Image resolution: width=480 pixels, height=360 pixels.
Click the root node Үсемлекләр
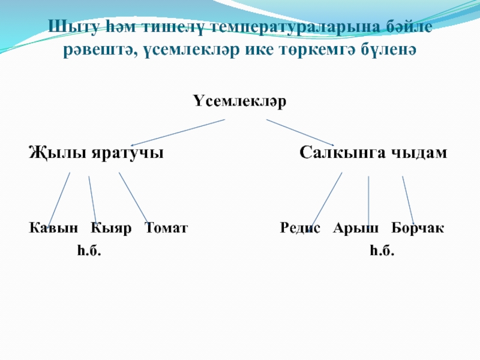(x=240, y=101)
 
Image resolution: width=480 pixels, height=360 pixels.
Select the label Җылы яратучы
(x=97, y=152)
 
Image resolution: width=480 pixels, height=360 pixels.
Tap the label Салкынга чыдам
(x=373, y=152)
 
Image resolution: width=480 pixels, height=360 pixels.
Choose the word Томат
(x=166, y=229)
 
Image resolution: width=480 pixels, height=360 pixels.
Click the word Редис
(x=301, y=229)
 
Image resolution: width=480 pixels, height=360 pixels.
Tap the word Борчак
(x=418, y=229)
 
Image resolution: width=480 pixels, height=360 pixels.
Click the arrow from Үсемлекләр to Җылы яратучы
(x=180, y=131)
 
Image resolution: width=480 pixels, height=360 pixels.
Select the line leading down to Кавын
(x=59, y=198)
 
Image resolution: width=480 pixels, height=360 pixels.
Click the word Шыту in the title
(x=68, y=28)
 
